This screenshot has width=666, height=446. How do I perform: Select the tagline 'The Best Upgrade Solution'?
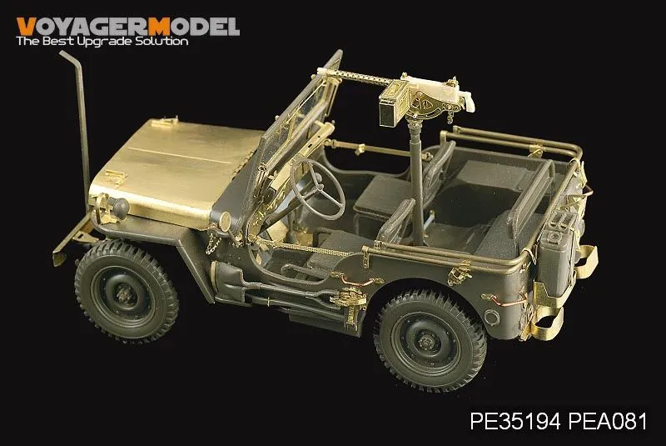pos(102,41)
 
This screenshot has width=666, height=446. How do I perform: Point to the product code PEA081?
pos(608,421)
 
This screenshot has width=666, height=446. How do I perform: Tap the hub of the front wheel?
pos(125,293)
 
